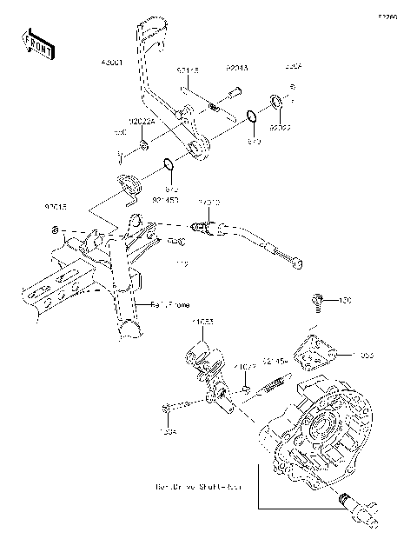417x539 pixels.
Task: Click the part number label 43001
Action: click(x=114, y=64)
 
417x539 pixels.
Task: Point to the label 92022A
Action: click(x=142, y=123)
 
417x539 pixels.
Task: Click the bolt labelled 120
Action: click(x=318, y=301)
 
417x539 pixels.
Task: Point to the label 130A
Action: click(x=168, y=430)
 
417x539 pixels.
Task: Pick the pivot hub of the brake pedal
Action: click(x=198, y=149)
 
